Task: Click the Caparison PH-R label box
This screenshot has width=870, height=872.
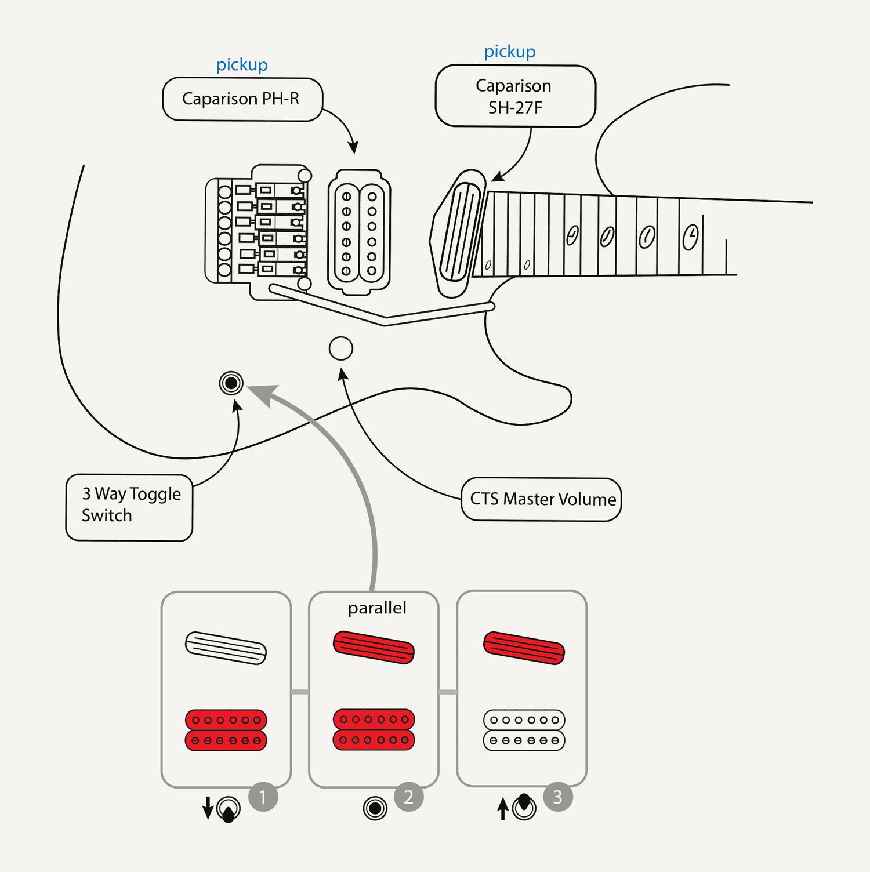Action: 242,99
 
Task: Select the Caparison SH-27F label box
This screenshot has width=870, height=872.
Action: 515,96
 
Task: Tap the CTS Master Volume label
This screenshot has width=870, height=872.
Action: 541,499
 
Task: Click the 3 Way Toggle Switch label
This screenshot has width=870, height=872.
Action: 129,507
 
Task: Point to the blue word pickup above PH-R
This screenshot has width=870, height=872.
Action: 242,65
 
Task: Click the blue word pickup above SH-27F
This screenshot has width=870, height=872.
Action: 510,52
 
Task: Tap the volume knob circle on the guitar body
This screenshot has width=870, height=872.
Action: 340,348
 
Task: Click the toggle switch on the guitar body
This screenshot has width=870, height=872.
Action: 231,383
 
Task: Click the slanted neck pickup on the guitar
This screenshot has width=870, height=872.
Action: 461,233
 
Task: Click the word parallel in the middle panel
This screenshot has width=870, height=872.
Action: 377,608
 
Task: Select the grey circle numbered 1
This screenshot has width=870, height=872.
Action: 263,797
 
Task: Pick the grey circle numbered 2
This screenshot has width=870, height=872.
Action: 409,797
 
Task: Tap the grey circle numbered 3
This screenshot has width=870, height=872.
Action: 558,797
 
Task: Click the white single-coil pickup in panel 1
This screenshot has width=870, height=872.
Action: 226,648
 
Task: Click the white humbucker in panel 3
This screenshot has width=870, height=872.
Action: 524,730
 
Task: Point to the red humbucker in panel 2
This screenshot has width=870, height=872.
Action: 374,729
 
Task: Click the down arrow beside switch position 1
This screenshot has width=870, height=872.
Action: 208,808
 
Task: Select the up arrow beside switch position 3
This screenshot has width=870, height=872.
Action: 503,808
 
